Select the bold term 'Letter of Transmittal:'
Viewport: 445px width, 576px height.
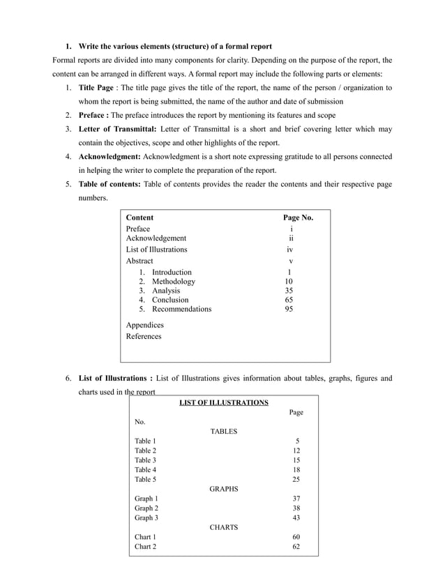tap(118, 130)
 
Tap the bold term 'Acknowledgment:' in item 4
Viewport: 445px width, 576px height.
tap(110, 157)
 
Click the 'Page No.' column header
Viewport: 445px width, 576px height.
tap(297, 218)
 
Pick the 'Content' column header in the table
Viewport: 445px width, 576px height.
tap(139, 218)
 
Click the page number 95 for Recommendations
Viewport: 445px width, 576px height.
tap(289, 309)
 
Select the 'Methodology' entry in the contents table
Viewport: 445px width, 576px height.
tap(174, 282)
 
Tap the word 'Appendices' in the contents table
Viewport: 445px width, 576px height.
tap(144, 325)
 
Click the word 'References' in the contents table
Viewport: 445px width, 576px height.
tap(143, 336)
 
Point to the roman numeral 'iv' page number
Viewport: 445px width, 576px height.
tap(289, 249)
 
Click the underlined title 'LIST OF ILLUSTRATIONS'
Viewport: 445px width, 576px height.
tap(223, 403)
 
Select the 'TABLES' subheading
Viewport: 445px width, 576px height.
tap(223, 432)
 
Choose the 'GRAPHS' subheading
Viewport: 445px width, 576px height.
tap(223, 489)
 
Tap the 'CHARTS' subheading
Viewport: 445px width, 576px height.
tap(223, 527)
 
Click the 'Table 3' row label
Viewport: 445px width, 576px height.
tap(145, 460)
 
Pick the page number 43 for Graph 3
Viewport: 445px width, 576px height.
tap(296, 517)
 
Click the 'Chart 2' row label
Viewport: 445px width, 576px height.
tap(145, 547)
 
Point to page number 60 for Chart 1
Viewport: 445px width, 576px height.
tap(296, 537)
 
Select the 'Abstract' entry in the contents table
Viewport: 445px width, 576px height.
tap(139, 261)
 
